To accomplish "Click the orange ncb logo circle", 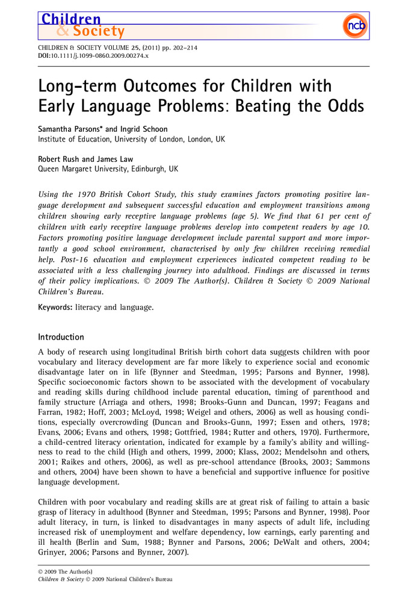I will (x=354, y=25).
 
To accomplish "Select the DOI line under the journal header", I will (x=93, y=55).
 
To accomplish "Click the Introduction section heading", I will (x=61, y=337).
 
